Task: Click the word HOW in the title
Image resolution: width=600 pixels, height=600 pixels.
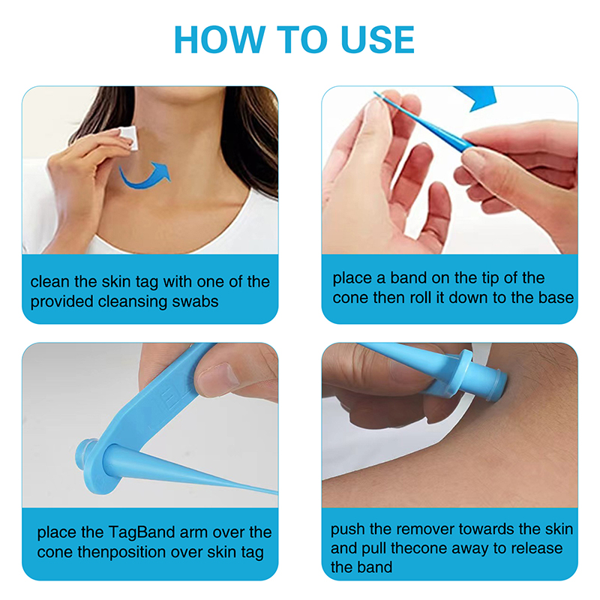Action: coord(220,40)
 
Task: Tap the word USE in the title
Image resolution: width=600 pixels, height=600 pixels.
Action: coord(377,40)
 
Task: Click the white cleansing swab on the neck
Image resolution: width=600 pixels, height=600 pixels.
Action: coord(127,138)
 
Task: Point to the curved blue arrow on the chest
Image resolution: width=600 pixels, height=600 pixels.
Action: coord(144,176)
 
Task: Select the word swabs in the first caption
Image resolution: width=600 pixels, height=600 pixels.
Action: coord(195,301)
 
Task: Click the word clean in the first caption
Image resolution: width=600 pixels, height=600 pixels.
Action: coord(50,282)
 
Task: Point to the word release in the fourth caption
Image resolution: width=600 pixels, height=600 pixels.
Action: coord(537,548)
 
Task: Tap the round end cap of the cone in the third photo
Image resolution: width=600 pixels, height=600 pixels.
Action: coord(87,455)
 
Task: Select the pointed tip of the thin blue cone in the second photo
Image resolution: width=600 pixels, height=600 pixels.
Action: coord(376,92)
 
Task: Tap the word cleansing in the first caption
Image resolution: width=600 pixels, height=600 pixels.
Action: coord(135,301)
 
